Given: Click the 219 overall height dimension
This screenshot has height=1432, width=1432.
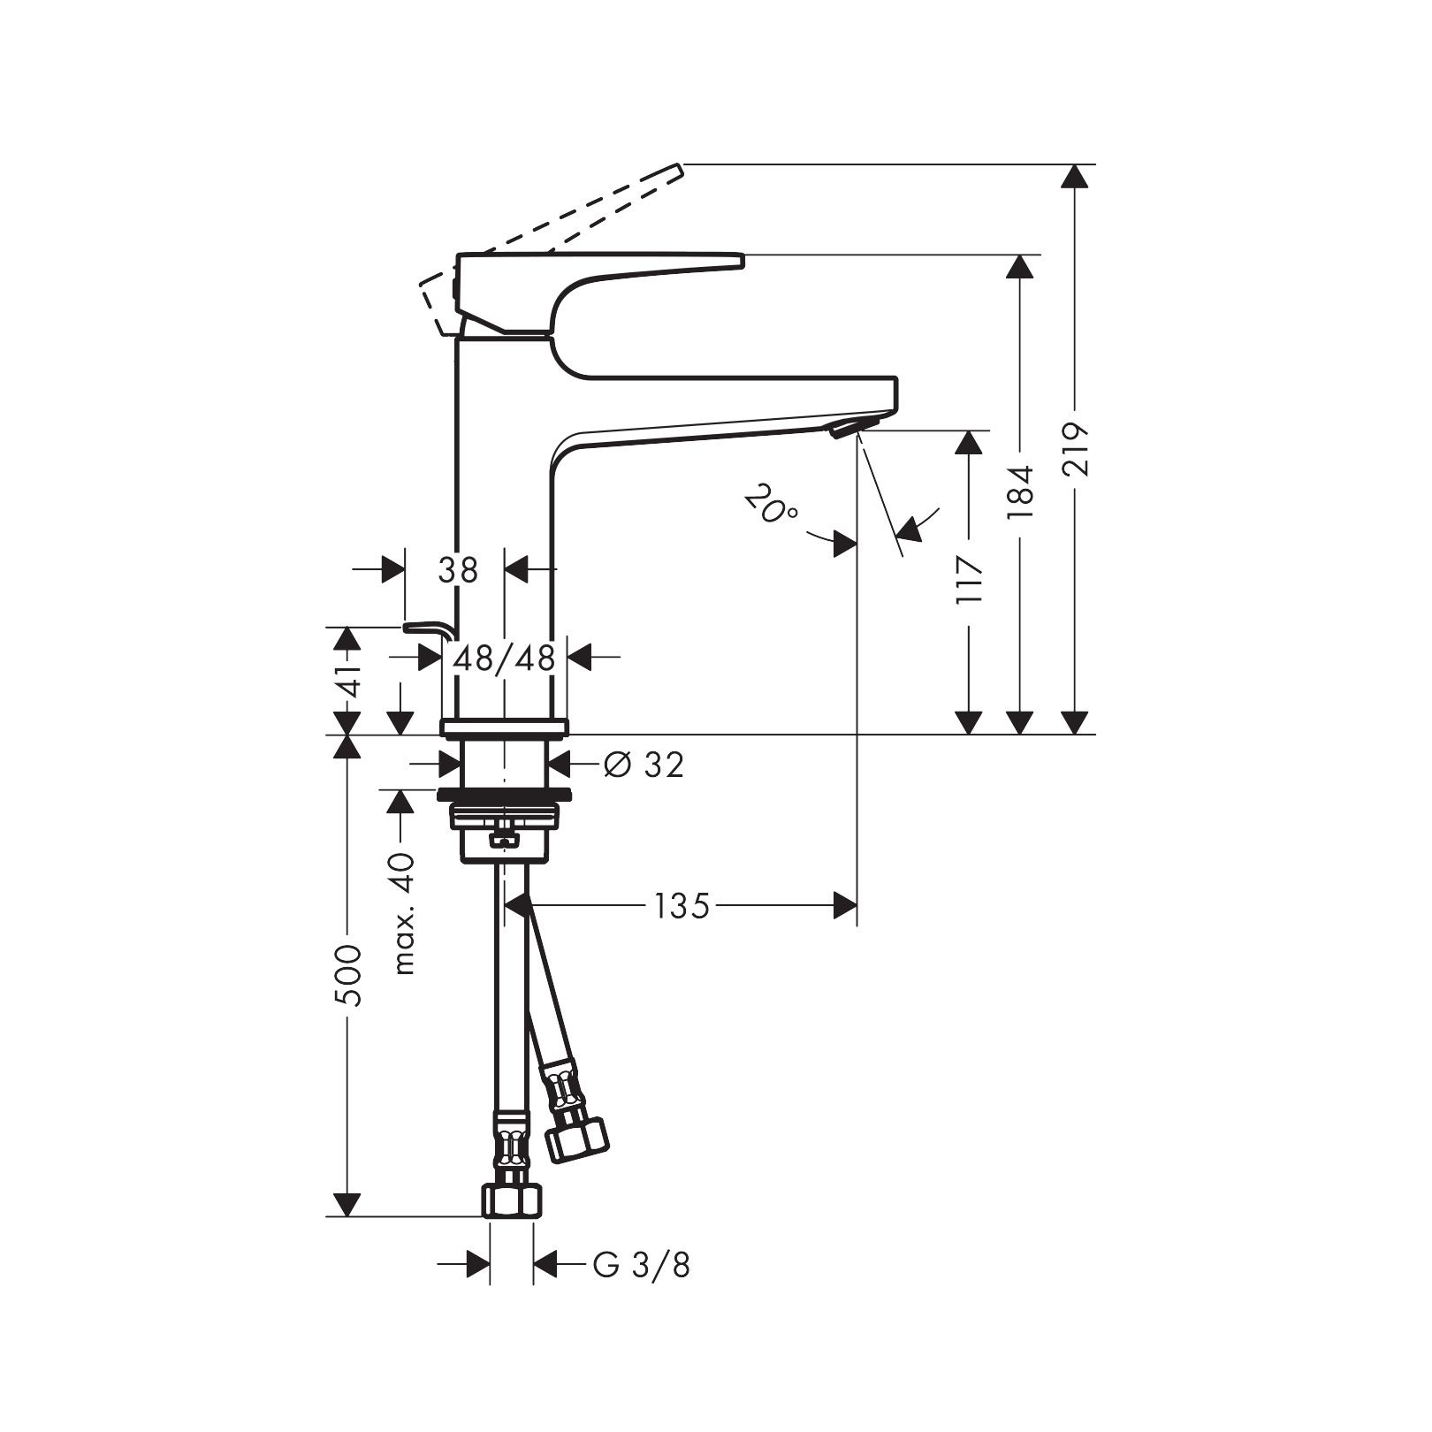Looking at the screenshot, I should [1075, 450].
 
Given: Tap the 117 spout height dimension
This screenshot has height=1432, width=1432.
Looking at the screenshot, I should [970, 580].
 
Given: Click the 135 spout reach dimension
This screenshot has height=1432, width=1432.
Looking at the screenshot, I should [682, 906].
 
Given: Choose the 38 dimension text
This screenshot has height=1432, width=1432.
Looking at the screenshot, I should [458, 570].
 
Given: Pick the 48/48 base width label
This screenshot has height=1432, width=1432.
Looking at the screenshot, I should [504, 658].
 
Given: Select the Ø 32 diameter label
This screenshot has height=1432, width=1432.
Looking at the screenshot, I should [644, 765].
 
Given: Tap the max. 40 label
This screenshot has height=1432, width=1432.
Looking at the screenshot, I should [404, 913].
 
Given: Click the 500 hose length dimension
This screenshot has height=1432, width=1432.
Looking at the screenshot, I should [349, 975].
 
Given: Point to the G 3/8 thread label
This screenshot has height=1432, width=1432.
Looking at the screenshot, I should [641, 1265].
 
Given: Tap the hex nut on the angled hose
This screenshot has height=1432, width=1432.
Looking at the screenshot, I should [576, 1139].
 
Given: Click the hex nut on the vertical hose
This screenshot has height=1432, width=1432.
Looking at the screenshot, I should [512, 1201].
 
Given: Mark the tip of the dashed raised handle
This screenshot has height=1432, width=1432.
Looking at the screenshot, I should [679, 168].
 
